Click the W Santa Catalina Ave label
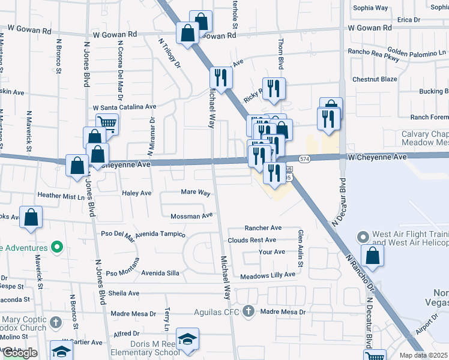(x=124, y=107)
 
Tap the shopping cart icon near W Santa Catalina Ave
(x=107, y=124)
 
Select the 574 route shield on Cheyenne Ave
(x=305, y=158)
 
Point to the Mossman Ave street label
(x=191, y=215)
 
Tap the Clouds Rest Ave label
(x=252, y=240)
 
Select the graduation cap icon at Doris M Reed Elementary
(x=188, y=339)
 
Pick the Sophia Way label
(x=370, y=8)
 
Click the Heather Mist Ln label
(x=62, y=196)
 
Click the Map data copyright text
(x=424, y=355)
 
